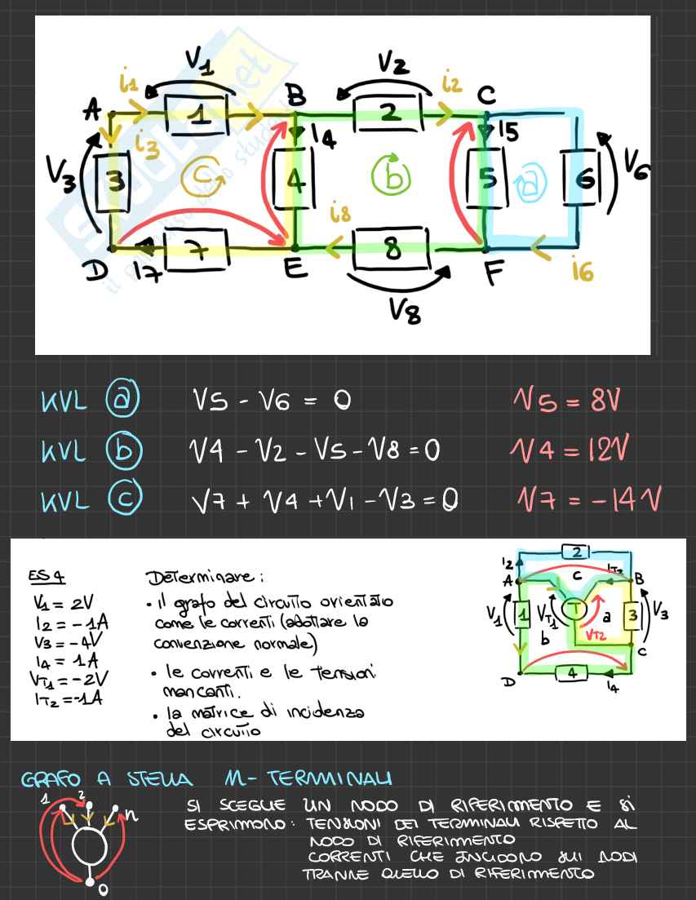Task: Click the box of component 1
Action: pyautogui.click(x=197, y=114)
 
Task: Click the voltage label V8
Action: pyautogui.click(x=405, y=310)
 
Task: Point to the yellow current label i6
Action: pyautogui.click(x=582, y=271)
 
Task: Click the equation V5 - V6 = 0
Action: pyautogui.click(x=271, y=400)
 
